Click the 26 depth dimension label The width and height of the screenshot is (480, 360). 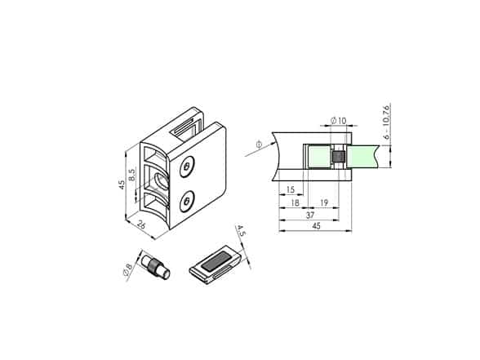141,224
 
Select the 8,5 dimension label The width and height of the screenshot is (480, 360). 132,175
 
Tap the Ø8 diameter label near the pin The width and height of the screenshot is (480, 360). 128,269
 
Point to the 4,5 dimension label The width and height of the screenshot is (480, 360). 242,230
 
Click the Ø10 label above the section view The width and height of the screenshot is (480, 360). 338,121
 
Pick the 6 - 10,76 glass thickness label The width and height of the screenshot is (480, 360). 387,122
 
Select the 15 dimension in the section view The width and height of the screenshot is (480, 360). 290,189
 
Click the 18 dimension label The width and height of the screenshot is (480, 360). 295,202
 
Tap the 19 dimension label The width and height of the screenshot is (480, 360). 324,202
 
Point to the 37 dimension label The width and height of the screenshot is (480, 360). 310,215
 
